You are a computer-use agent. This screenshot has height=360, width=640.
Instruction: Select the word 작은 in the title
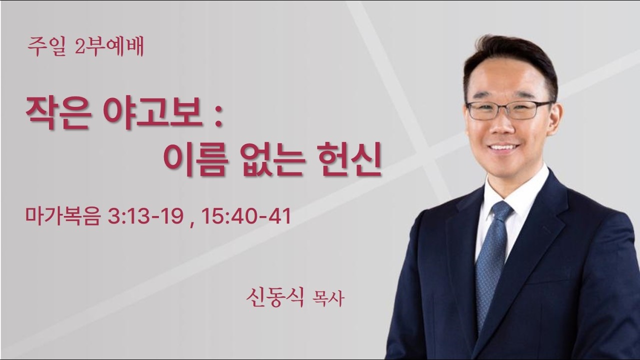pos(57,114)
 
